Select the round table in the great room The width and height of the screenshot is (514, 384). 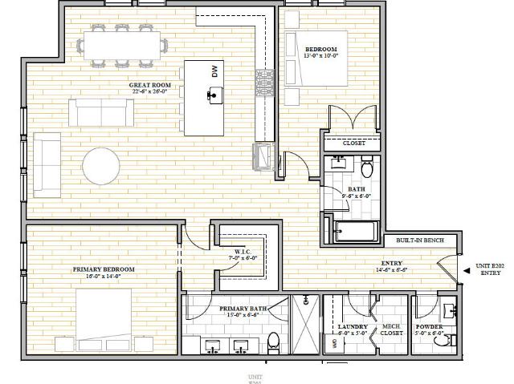coord(103,165)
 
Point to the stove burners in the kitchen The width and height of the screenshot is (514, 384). coord(265,80)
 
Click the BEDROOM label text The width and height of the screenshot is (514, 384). coord(320,50)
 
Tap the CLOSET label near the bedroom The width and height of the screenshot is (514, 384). coord(353,143)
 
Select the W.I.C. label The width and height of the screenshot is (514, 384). coord(244,253)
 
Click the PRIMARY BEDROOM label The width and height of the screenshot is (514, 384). coord(104,269)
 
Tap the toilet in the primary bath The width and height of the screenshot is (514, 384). coord(273,340)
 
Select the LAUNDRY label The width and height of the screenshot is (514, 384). coord(353,328)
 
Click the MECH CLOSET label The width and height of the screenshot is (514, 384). coord(391,330)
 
